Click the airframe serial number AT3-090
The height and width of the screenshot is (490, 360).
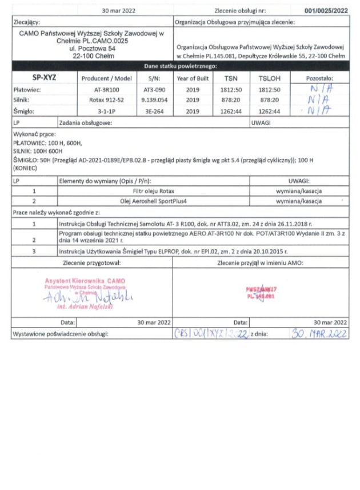click(154, 90)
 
